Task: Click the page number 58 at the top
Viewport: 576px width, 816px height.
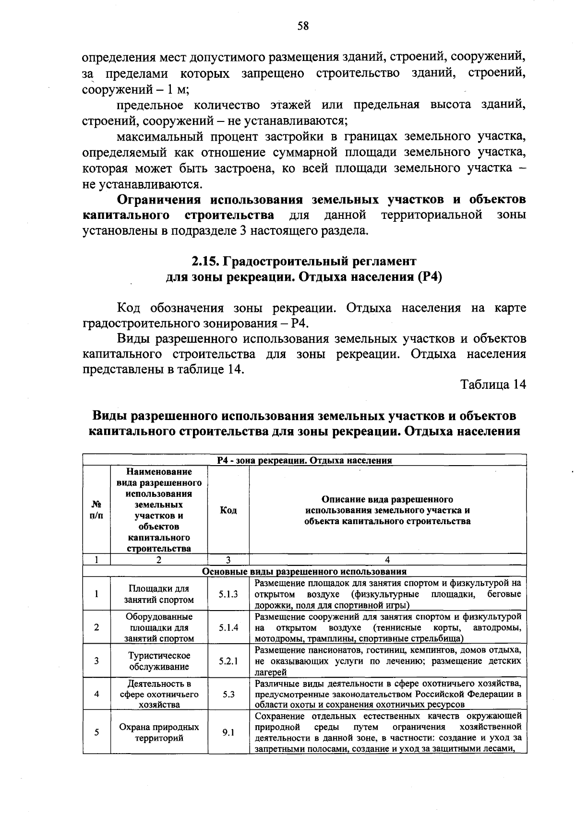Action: coord(303,26)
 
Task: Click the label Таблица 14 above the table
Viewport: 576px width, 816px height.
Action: coord(493,384)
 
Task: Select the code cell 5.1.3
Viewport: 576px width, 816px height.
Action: coord(228,594)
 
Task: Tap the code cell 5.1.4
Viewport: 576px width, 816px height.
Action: coord(228,627)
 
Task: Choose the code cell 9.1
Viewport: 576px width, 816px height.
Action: coord(228,732)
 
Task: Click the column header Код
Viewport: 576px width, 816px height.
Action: coord(228,510)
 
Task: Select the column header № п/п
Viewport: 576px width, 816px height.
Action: coord(96,510)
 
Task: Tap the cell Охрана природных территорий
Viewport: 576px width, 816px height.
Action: coord(159,732)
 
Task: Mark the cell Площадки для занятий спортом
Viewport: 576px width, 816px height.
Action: coord(159,594)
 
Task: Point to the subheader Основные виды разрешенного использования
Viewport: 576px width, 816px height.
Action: coord(304,572)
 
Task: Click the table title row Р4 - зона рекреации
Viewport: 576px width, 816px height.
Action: coord(304,460)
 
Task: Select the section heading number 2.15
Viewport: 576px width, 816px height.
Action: coord(205,262)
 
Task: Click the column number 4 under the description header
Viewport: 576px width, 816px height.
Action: coord(388,560)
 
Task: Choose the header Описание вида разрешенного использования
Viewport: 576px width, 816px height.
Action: coord(388,510)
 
